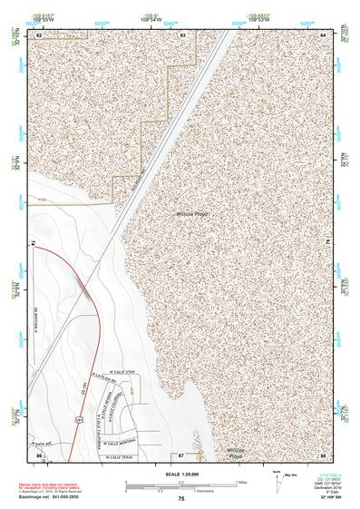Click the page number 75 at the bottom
tap(180, 499)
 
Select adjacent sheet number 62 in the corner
tap(38, 34)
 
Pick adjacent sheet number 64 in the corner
tap(323, 34)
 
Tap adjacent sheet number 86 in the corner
tap(38, 454)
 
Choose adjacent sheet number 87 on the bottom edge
tap(181, 454)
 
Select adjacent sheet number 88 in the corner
tap(322, 454)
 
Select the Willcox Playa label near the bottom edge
tap(237, 451)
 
